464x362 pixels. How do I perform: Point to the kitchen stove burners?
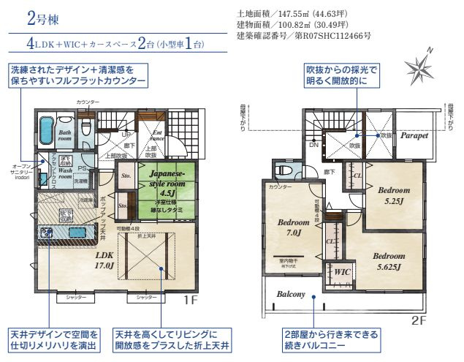pos(47,233)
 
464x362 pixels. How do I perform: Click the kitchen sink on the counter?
pos(76,233)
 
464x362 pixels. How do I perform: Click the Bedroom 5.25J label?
pos(393,193)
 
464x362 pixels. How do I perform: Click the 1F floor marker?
pos(190,301)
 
